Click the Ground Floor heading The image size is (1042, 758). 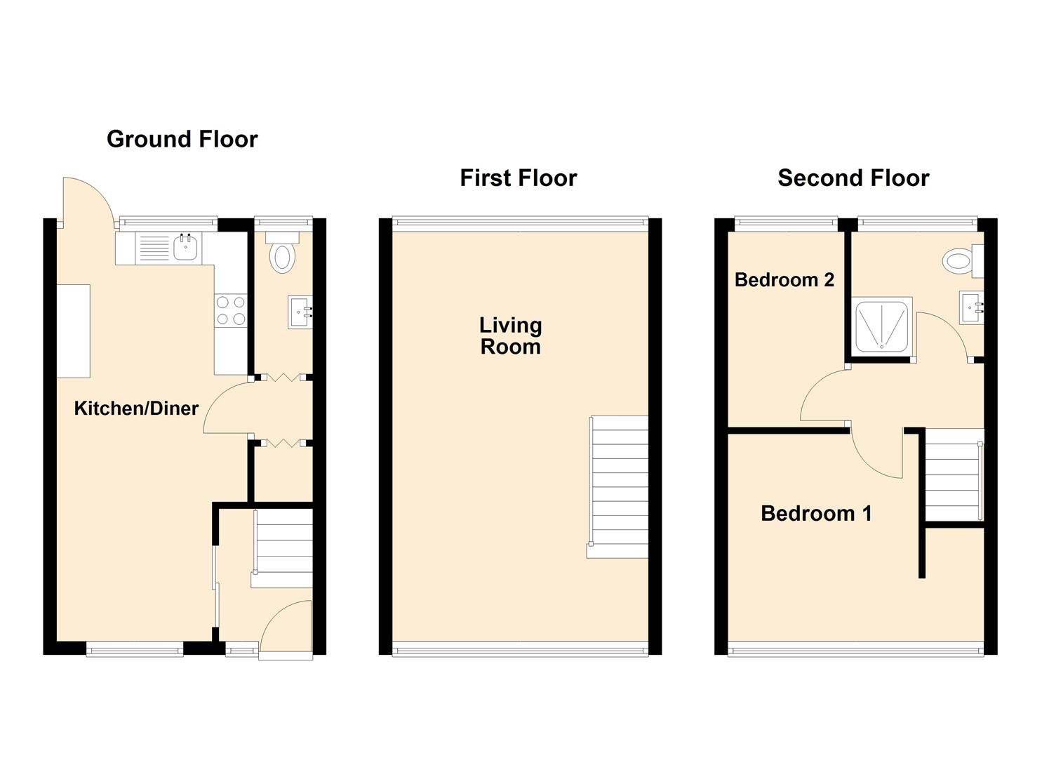[182, 139]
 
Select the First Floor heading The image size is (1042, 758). [518, 178]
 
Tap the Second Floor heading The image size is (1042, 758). [853, 178]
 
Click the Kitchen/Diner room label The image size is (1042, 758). [136, 408]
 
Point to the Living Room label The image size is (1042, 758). [510, 335]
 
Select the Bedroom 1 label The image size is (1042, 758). [816, 514]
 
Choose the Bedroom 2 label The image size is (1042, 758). [784, 280]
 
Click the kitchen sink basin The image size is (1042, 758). [185, 248]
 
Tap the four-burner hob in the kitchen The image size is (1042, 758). [231, 311]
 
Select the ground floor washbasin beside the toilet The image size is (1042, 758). [300, 312]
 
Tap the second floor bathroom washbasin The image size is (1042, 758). [971, 307]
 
